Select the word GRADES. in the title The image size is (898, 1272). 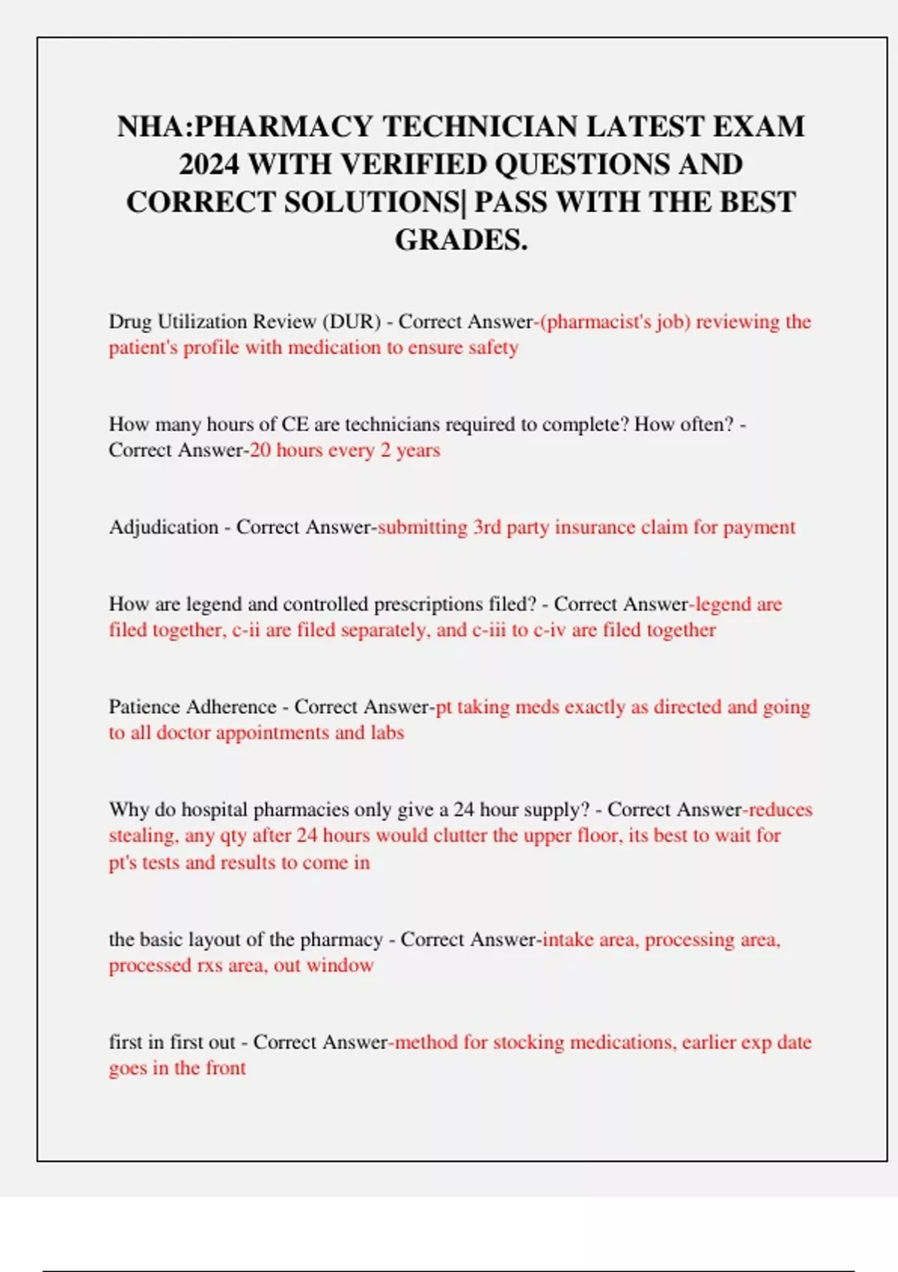pos(461,240)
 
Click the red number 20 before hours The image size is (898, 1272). pos(260,450)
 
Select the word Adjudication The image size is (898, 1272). pos(163,528)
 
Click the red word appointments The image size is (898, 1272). pos(272,733)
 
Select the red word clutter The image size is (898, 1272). pos(459,836)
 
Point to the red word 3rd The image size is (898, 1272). pos(486,528)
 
